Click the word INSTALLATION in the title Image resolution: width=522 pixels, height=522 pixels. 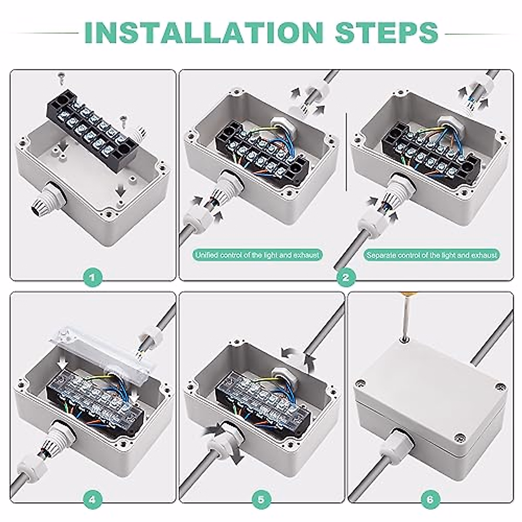pos(204,33)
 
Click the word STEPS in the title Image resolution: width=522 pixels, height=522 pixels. pos(387,33)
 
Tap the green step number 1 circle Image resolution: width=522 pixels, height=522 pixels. pos(93,278)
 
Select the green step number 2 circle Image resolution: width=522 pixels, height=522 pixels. pos(346,278)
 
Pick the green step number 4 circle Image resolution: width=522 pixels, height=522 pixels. pos(93,499)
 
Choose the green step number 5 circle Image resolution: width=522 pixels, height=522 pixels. pos(261,499)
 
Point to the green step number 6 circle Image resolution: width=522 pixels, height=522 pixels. pos(431,499)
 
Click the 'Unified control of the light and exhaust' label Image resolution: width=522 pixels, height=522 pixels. pos(258,255)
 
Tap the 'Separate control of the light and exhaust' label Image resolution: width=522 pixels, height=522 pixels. pos(432,255)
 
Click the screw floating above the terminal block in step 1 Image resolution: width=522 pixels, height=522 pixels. pos(61,79)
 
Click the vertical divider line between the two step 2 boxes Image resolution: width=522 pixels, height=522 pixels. pos(346,152)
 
